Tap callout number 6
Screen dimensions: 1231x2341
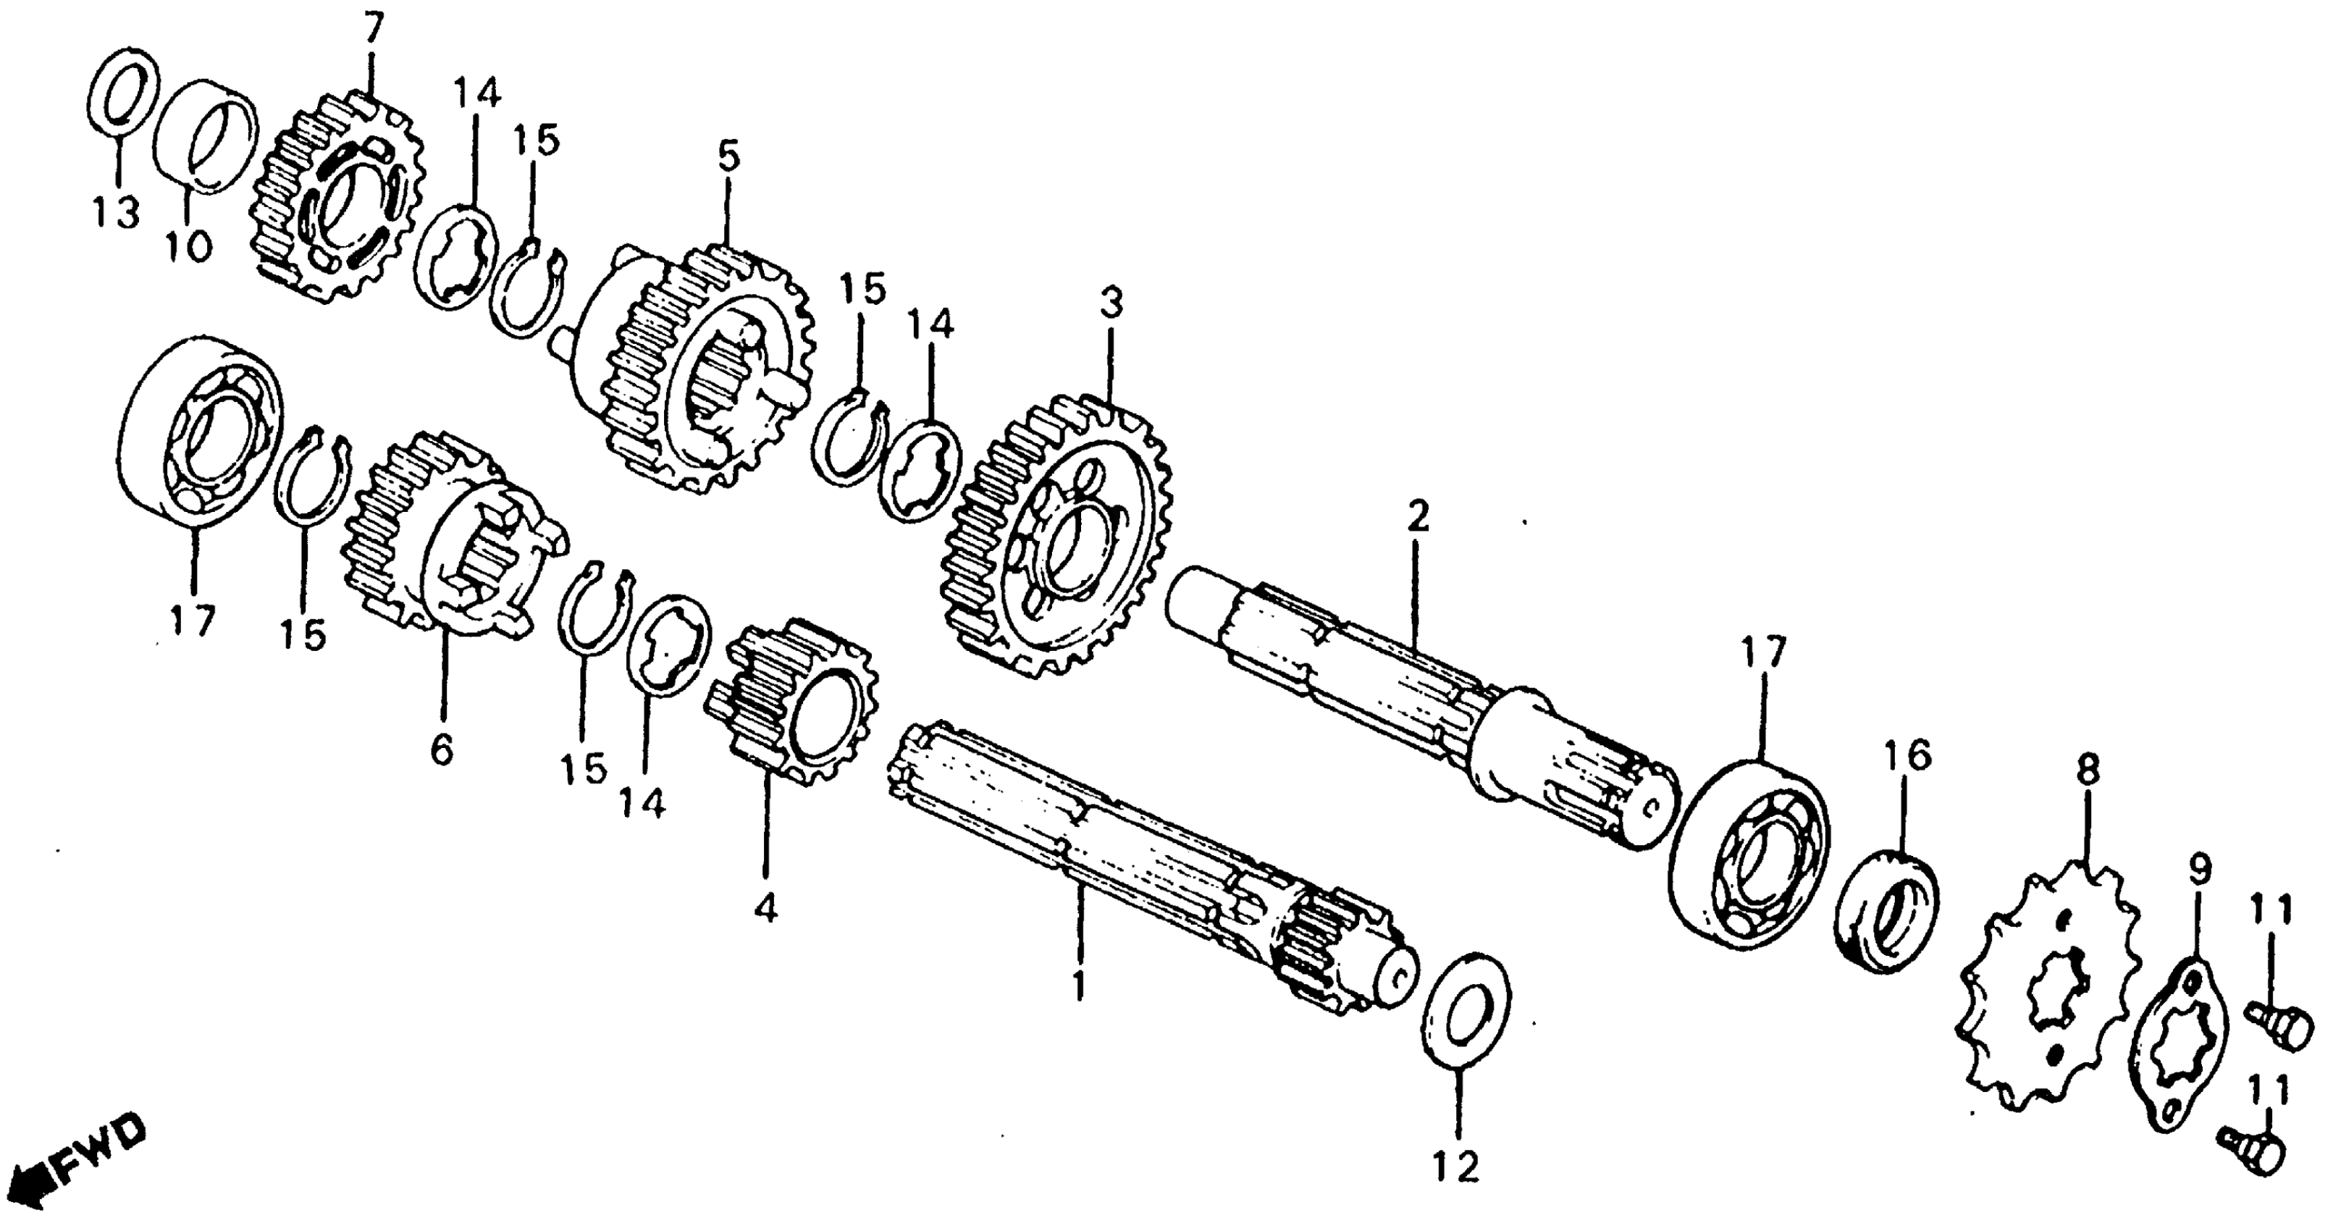coord(441,749)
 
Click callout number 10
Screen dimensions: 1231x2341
coord(189,245)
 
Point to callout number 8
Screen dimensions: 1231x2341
coord(2088,771)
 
